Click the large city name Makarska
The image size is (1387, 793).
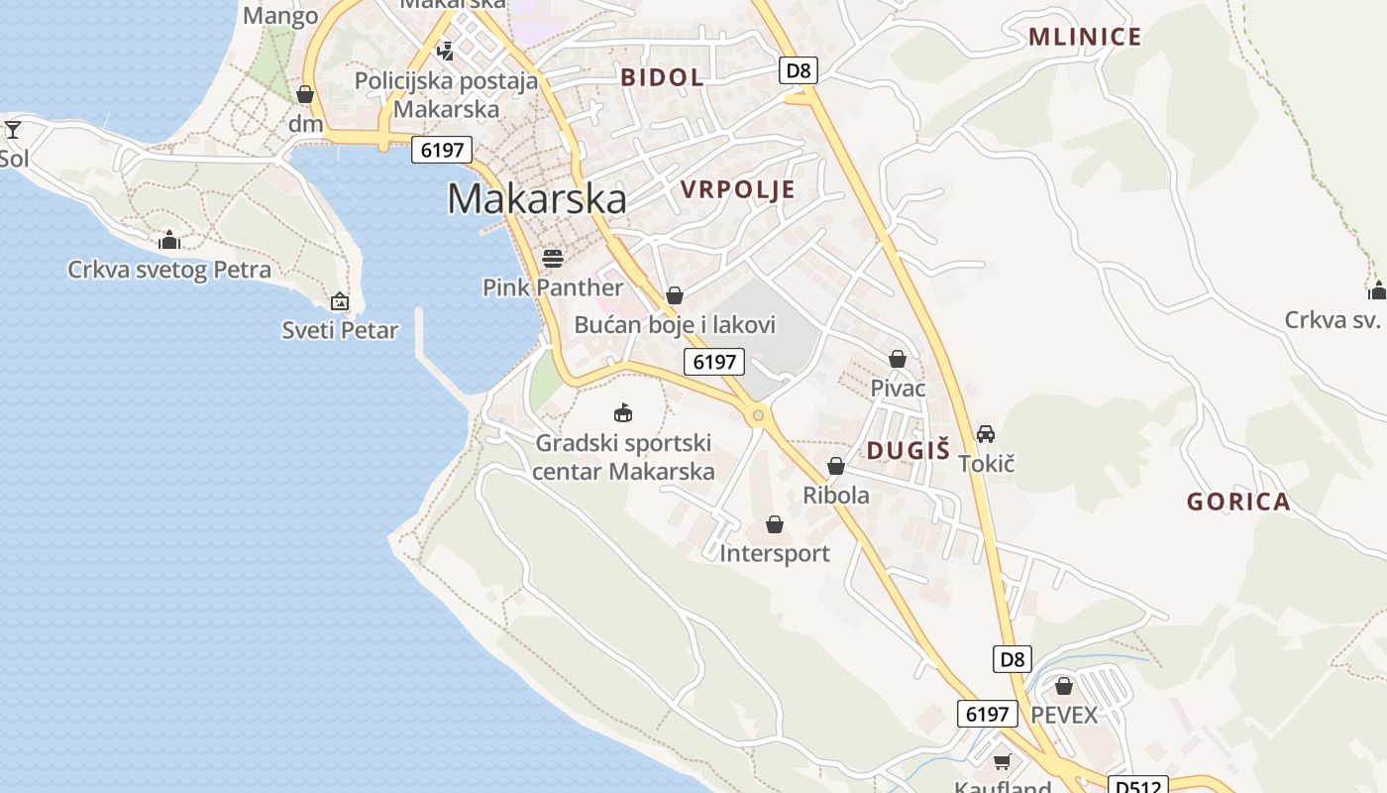coord(537,199)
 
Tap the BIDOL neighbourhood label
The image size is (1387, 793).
coord(662,77)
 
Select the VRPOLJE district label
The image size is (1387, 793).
coord(738,189)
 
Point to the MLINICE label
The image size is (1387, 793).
coord(1085,38)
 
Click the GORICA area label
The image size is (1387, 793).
coord(1238,502)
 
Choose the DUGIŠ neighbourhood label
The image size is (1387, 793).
coord(907,450)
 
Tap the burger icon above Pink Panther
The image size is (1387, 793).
coord(553,259)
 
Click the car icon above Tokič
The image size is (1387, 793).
coord(986,434)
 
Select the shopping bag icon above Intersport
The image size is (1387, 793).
coord(775,524)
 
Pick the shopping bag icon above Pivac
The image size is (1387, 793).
coord(898,359)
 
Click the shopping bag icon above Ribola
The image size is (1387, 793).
coord(836,466)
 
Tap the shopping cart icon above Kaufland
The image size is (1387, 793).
coord(1003,761)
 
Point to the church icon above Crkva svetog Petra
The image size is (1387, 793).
coord(169,240)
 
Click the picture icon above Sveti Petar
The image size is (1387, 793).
coord(340,301)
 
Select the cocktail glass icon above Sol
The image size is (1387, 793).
coord(13,129)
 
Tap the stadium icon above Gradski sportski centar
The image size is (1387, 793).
coord(623,412)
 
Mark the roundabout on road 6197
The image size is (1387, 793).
coord(759,415)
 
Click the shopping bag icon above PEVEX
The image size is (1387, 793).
coord(1064,686)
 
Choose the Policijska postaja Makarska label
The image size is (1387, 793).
coord(446,94)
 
